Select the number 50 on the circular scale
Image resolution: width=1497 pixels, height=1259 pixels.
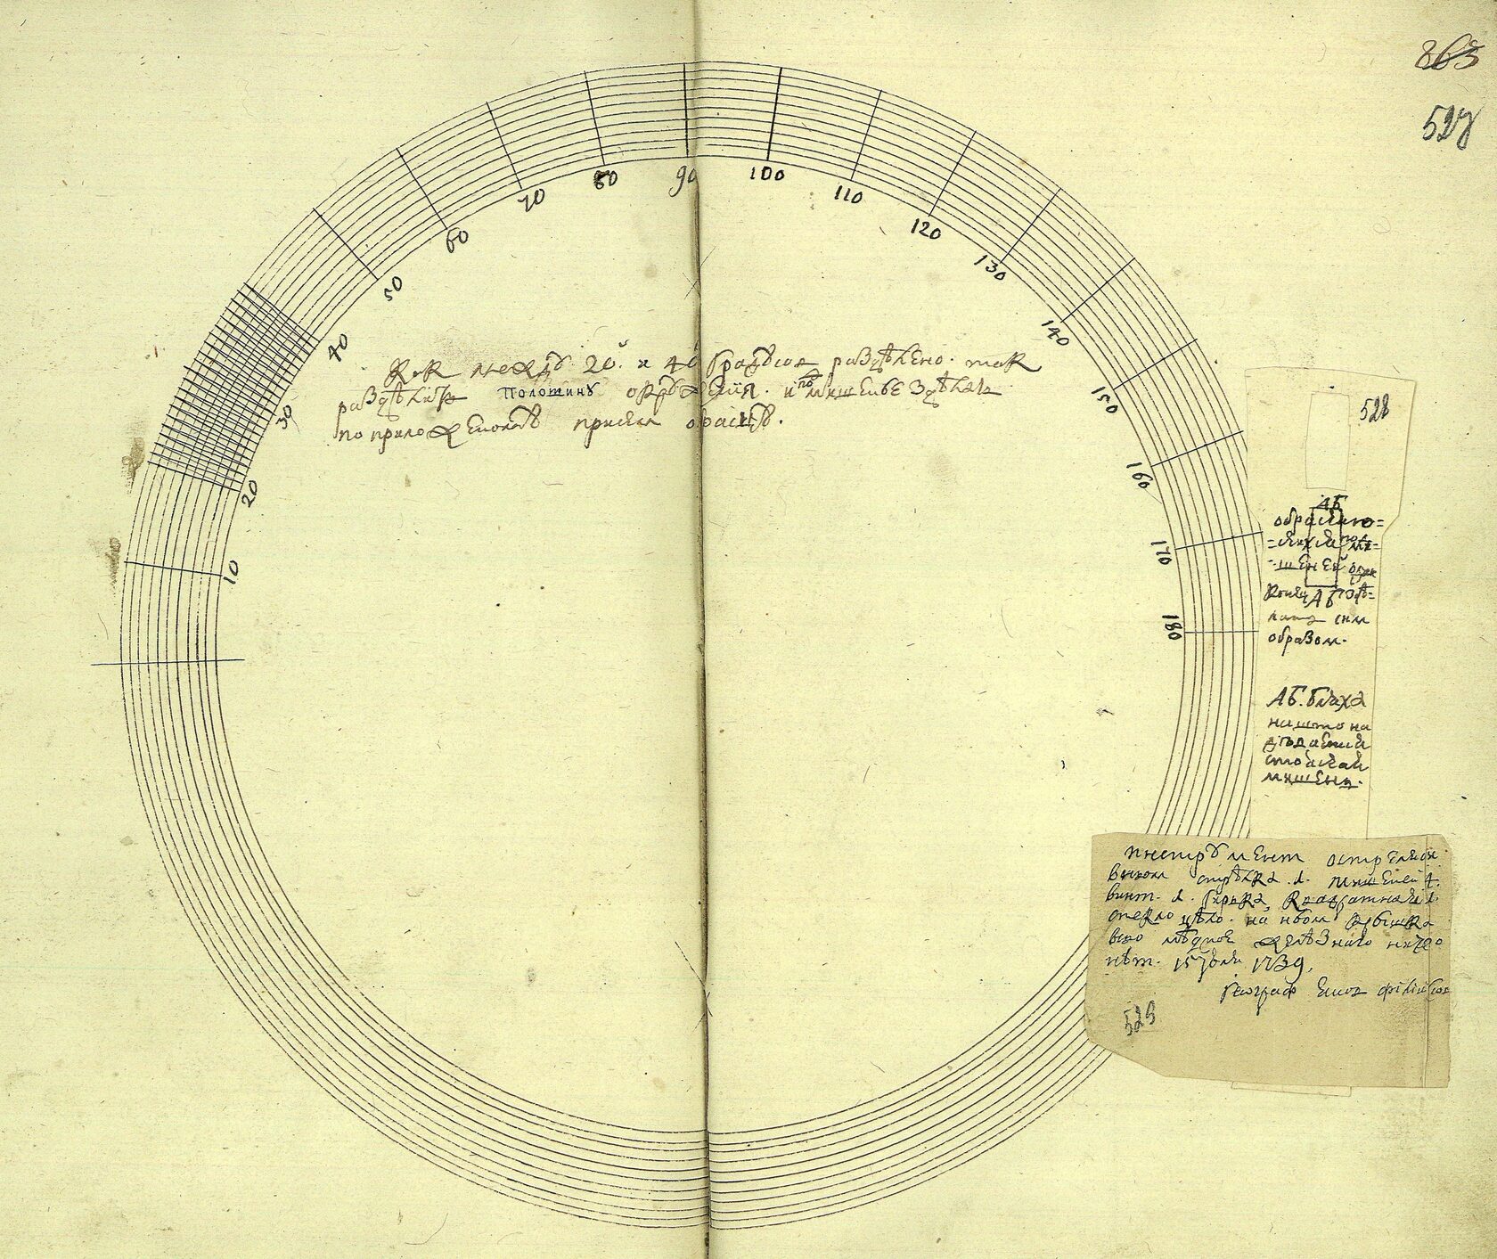coord(394,284)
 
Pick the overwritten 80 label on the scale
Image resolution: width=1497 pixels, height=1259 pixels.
coord(606,178)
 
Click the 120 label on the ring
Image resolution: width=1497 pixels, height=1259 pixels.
coord(927,232)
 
